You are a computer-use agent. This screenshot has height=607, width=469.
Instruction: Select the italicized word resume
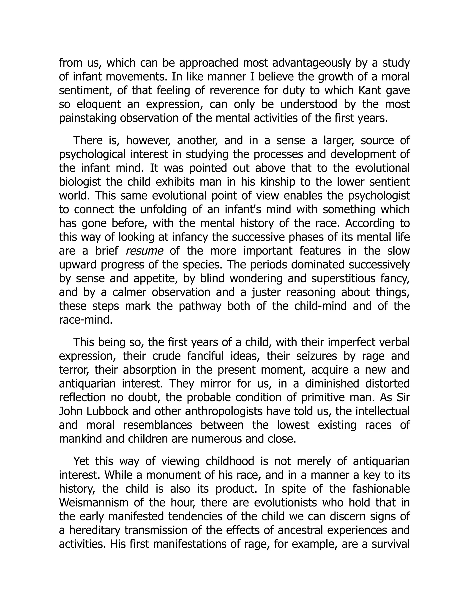pos(144,251)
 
